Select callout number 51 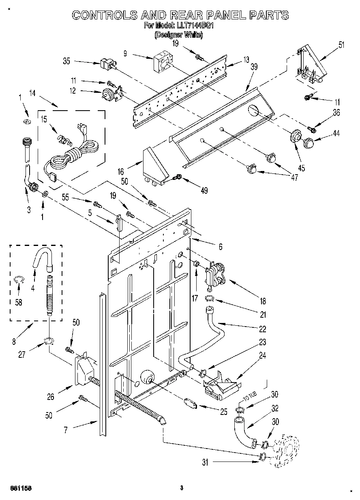coord(341,45)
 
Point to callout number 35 coord(66,61)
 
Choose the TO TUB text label coord(248,398)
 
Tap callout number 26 coord(50,397)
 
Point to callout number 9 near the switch coord(125,53)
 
